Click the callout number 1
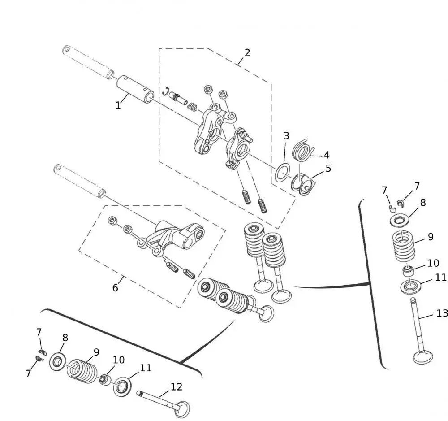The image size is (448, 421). [118, 105]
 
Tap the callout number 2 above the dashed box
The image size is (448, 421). [247, 52]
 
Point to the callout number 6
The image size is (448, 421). [115, 288]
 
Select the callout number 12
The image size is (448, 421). [177, 386]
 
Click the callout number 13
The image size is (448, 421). [442, 313]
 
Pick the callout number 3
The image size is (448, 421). [286, 135]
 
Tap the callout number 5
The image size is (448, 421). [328, 169]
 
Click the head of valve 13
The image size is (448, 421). [423, 357]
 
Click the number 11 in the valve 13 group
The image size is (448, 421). [441, 278]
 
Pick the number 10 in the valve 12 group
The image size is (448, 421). [119, 360]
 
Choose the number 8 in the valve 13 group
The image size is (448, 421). [422, 202]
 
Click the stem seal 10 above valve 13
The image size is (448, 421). [408, 270]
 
